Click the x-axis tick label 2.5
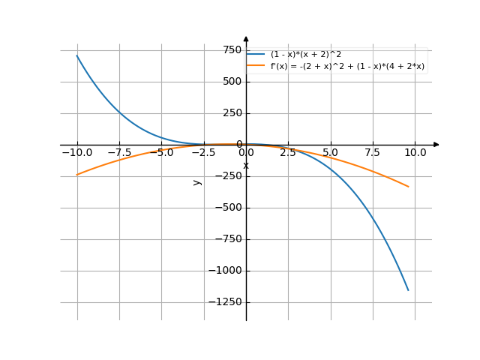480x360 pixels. (x=289, y=152)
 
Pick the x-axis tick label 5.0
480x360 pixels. (x=331, y=152)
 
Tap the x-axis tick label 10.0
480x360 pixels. (x=415, y=152)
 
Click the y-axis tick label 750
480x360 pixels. (x=232, y=49)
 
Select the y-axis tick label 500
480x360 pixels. (x=232, y=81)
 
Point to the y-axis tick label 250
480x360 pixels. (x=232, y=112)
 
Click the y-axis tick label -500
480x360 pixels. (x=229, y=208)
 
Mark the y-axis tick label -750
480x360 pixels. (x=229, y=239)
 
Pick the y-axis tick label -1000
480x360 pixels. (x=226, y=271)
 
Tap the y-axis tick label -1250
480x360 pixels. (x=226, y=302)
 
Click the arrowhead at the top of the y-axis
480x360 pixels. (x=246, y=38)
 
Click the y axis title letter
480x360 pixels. (x=197, y=181)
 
